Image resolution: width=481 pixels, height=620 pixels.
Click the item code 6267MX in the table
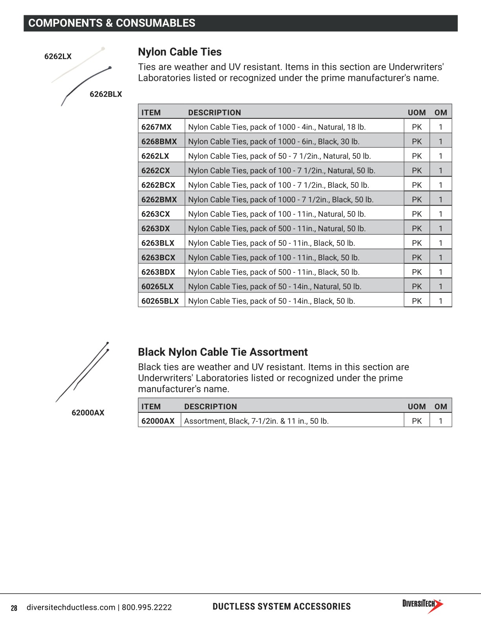click(x=156, y=127)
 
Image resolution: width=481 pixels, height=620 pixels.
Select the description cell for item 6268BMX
click(x=274, y=141)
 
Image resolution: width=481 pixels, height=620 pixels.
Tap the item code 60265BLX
click(x=160, y=301)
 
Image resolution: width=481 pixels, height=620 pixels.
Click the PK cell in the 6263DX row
click(x=417, y=228)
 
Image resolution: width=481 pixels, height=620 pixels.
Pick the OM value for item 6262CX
click(x=441, y=170)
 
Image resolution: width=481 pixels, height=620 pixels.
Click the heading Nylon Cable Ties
click(x=180, y=52)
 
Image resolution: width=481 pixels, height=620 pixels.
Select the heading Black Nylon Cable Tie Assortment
click(x=222, y=352)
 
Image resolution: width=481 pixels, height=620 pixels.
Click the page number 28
click(x=14, y=608)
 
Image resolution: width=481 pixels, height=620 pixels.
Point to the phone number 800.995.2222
click(x=147, y=607)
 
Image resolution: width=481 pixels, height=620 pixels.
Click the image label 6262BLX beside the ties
click(x=106, y=94)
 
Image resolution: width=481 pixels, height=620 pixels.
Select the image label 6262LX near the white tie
click(x=58, y=56)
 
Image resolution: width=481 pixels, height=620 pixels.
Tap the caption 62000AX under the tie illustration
click(x=88, y=413)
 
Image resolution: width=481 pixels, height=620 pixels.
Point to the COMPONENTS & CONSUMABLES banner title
click(x=112, y=23)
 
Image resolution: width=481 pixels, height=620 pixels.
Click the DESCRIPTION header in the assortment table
click(x=210, y=407)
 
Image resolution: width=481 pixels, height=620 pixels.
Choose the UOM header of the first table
click(x=417, y=113)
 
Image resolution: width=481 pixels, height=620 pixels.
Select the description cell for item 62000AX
click(x=256, y=421)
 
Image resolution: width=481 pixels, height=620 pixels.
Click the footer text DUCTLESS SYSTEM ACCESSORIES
click(x=281, y=607)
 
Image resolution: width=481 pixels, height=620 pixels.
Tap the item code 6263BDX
click(x=158, y=272)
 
